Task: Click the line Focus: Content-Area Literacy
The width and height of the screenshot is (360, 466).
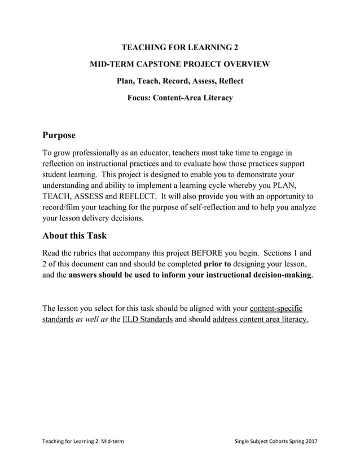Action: click(180, 98)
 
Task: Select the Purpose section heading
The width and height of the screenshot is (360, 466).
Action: click(59, 136)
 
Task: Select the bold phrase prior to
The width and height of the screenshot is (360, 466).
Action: click(217, 264)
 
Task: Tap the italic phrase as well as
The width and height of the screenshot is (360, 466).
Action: click(90, 320)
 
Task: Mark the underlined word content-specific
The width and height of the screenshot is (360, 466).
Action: click(276, 309)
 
